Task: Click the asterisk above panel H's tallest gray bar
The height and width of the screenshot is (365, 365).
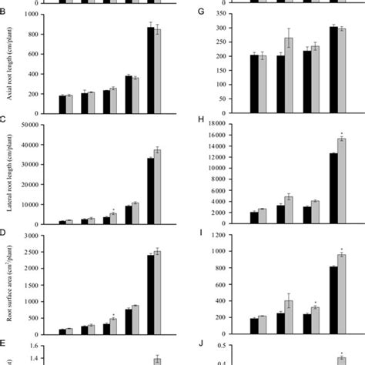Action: tap(343, 132)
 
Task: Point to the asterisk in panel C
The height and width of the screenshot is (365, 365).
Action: tap(113, 209)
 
